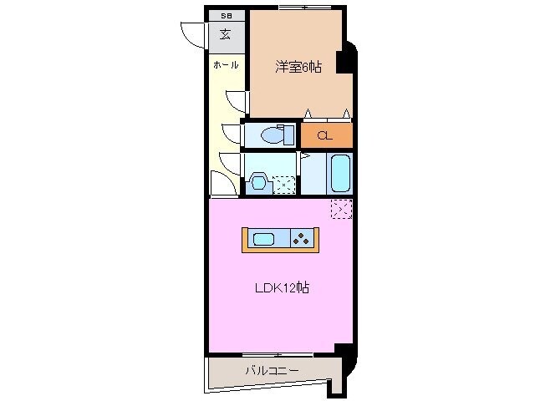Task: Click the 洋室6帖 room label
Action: (298, 67)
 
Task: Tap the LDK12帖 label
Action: (283, 287)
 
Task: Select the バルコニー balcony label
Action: (272, 370)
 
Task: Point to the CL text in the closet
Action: (325, 135)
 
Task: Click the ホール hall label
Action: (226, 64)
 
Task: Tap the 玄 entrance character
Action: (226, 35)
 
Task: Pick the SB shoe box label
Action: (226, 16)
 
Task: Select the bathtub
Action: (339, 173)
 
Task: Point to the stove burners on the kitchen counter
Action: (301, 240)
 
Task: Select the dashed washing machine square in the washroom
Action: (284, 184)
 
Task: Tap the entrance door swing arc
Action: (194, 35)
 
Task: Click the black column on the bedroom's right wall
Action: (342, 63)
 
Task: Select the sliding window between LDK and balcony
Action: (276, 354)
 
